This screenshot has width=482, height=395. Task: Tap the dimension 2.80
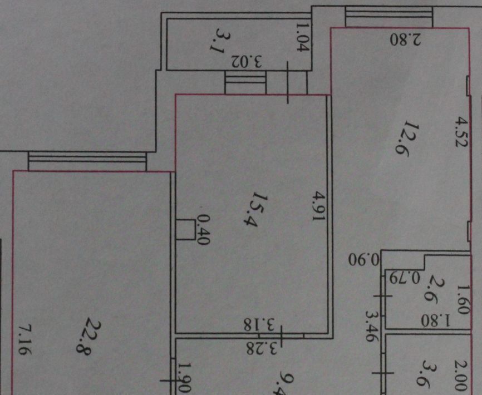[x=405, y=39]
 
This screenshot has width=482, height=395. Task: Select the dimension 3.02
[x=246, y=61]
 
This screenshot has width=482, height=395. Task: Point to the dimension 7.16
[x=24, y=340]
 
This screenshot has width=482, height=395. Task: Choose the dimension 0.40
[x=204, y=230]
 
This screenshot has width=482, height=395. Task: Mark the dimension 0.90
[x=363, y=260]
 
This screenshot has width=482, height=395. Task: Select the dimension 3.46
[x=371, y=326]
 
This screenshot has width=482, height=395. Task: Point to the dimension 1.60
[x=463, y=299]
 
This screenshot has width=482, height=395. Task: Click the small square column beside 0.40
[x=185, y=230]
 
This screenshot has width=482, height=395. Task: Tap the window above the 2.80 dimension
[x=389, y=17]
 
